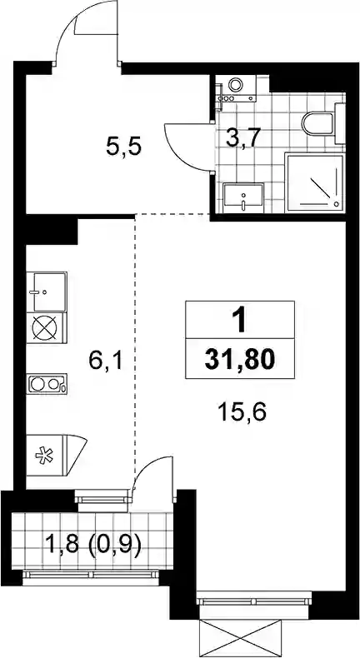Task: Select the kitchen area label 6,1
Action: [x=106, y=361]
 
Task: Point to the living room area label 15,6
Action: [x=242, y=411]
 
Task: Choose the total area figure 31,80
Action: [x=240, y=360]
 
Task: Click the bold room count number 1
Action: [x=240, y=322]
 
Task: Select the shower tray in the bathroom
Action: [x=315, y=182]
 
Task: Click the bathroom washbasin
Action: [x=243, y=197]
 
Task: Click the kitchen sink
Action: [x=47, y=292]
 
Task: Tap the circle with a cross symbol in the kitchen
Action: [x=44, y=327]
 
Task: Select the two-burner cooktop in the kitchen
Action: [x=47, y=383]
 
